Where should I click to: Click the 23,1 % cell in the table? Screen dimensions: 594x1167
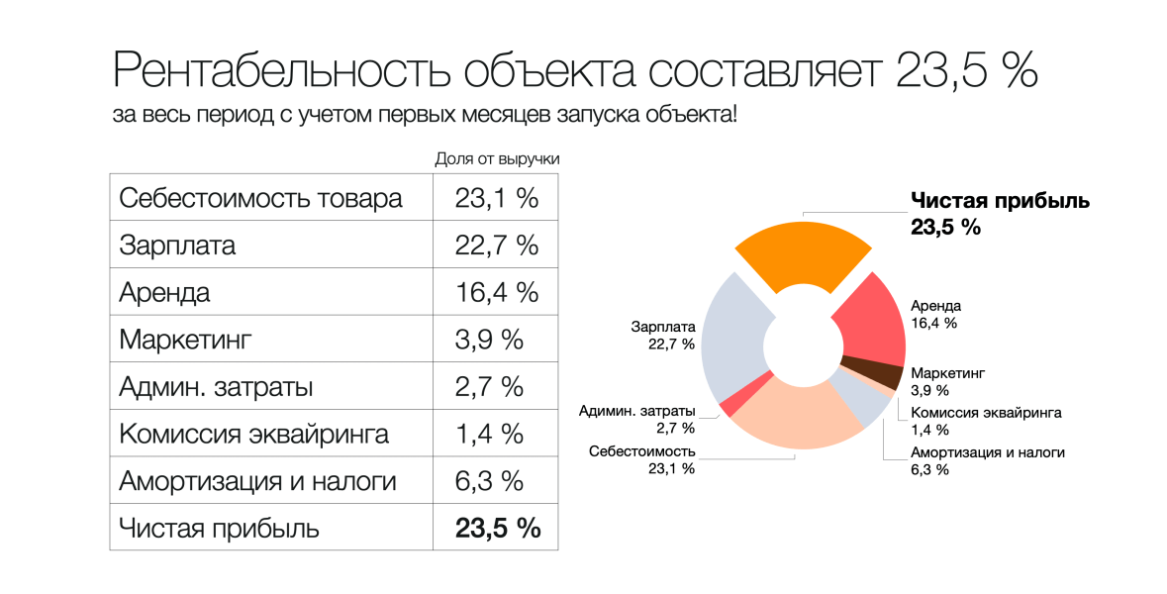pos(496,198)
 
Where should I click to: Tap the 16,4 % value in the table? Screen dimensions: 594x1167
pos(496,292)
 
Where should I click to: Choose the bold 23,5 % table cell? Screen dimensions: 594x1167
pos(497,528)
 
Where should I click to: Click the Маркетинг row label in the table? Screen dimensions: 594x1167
pos(186,340)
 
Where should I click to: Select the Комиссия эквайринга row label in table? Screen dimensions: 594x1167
pos(253,434)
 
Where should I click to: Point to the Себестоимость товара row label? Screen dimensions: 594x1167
pos(260,198)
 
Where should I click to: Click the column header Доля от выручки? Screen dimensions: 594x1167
pos(498,159)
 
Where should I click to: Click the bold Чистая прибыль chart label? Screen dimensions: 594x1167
pos(1000,200)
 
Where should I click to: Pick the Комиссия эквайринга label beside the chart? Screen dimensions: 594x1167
pos(986,413)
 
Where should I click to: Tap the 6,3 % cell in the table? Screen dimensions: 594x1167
pos(489,481)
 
